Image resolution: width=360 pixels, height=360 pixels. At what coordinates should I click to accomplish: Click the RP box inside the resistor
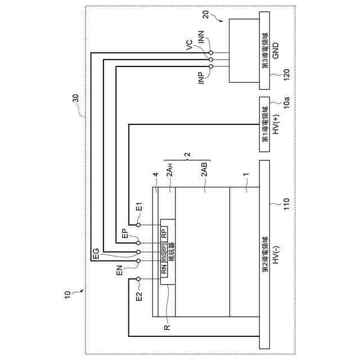pos(164,232)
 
